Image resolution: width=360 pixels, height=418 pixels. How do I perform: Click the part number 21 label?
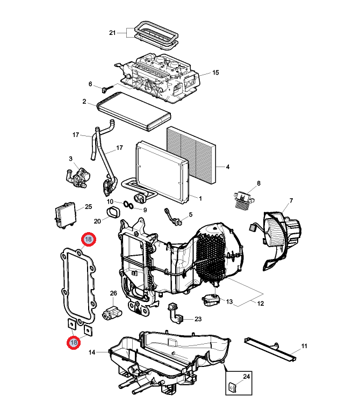112,33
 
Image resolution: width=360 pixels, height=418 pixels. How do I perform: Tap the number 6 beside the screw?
90,84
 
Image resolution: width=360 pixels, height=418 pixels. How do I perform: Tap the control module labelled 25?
67,215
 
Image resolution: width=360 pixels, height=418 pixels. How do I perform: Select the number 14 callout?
91,352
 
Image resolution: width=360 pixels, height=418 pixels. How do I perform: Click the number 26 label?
113,293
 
